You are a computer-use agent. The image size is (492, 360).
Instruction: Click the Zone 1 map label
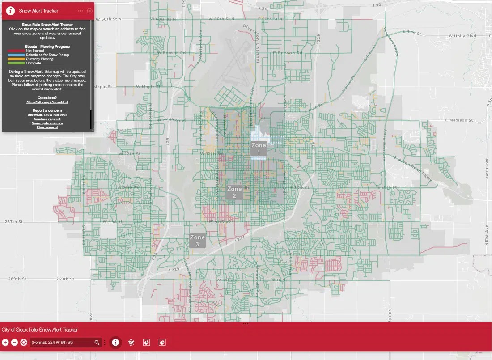[x=259, y=149]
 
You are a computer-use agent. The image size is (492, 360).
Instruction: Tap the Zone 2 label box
[x=234, y=192]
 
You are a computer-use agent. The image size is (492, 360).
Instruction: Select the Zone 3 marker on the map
[x=197, y=241]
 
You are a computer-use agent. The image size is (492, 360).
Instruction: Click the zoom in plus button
[x=5, y=343]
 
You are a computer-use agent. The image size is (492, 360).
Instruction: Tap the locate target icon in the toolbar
[x=24, y=343]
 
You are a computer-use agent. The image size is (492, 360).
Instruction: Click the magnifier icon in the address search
[x=97, y=343]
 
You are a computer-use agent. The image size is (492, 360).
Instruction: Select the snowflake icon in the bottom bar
[x=131, y=343]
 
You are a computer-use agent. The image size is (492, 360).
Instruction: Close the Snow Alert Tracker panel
[x=90, y=11]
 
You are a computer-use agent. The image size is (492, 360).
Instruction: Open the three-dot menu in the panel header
[x=80, y=11]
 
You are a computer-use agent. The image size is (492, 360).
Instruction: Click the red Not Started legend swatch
[x=17, y=51]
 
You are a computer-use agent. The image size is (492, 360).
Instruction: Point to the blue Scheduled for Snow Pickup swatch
[x=17, y=55]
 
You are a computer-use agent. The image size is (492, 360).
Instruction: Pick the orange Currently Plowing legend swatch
[x=17, y=59]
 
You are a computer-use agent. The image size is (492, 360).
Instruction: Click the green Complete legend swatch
[x=17, y=63]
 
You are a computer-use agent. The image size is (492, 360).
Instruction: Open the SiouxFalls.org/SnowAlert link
[x=47, y=102]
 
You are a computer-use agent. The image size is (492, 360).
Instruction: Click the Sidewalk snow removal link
[x=47, y=115]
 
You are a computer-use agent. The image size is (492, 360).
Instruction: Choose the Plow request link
[x=47, y=127]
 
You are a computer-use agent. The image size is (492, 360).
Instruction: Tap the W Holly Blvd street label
[x=462, y=36]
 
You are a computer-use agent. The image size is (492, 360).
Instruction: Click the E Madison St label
[x=459, y=120]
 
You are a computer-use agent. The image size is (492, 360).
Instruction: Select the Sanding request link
[x=47, y=119]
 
